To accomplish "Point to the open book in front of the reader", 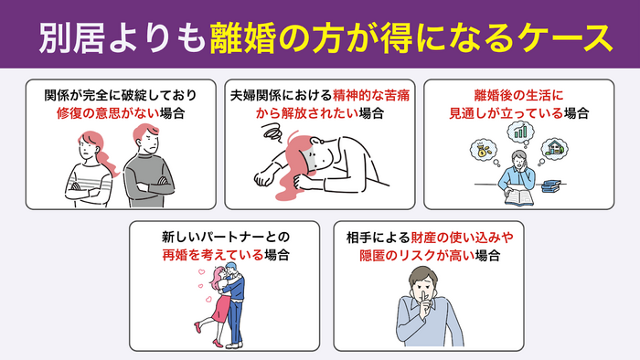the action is click(x=508, y=195).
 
